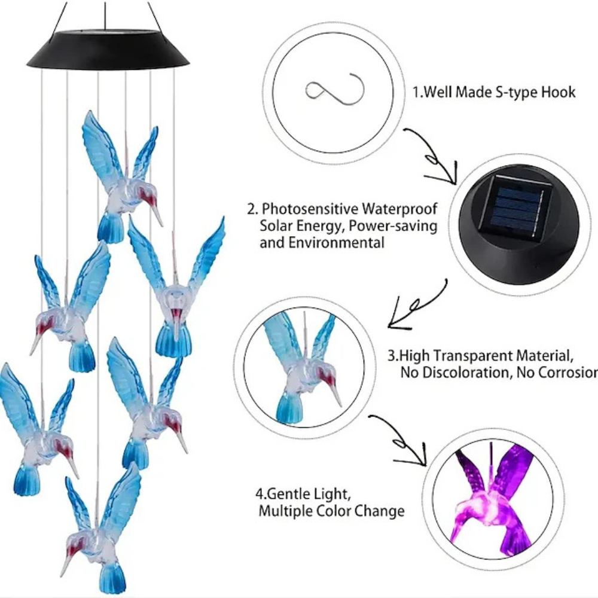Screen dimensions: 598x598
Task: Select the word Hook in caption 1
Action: click(558, 92)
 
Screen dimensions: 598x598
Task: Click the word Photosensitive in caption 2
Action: click(307, 209)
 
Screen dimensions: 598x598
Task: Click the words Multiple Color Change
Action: click(331, 511)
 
